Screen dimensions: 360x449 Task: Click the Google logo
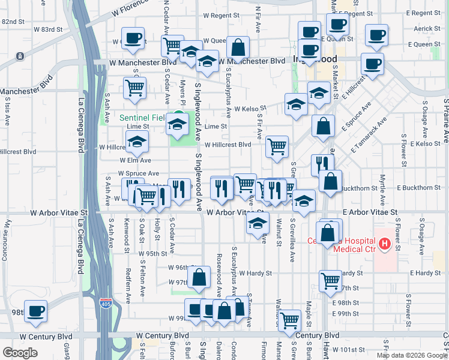tap(20, 353)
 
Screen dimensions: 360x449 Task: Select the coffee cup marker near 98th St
tap(37, 311)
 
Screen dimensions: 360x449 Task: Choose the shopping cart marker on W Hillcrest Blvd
tap(277, 146)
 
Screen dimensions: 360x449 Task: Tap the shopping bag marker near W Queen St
tap(238, 48)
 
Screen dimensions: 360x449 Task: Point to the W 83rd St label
tap(48, 29)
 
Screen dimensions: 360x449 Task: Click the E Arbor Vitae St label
tap(370, 212)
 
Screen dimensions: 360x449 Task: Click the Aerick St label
tap(427, 28)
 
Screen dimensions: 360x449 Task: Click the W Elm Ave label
tap(135, 160)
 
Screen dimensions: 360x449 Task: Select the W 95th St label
tap(152, 254)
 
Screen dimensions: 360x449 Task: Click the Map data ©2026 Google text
tap(411, 355)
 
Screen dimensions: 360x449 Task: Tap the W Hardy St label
tap(256, 273)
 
